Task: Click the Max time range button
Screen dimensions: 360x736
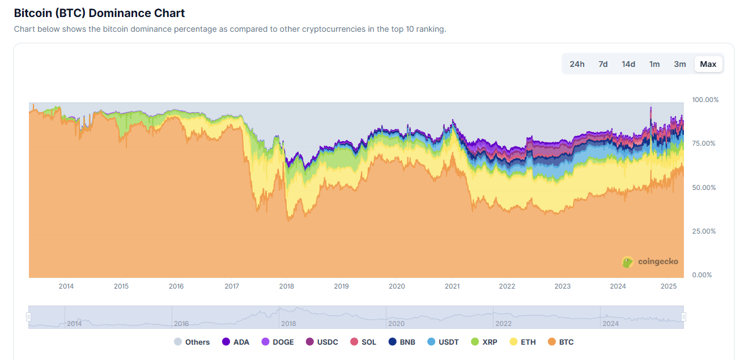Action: pos(708,64)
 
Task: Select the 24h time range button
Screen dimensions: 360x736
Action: pos(577,64)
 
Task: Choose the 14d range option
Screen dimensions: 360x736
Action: pos(628,64)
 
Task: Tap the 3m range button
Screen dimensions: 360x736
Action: pos(680,64)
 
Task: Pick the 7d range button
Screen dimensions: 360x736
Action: pos(603,64)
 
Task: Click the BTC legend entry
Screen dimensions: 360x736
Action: pos(560,342)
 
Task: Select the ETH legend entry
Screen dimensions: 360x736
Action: pos(522,342)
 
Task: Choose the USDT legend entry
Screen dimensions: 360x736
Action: pos(443,342)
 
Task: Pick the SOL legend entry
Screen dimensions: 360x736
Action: pos(363,342)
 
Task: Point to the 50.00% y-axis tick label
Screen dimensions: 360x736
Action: pos(705,187)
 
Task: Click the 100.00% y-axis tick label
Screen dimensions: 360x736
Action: pos(705,100)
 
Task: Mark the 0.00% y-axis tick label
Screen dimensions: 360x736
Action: pos(703,275)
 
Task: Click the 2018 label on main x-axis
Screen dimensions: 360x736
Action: pos(287,286)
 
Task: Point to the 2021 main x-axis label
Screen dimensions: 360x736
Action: pos(452,286)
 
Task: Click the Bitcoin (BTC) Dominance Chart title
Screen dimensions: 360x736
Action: pos(99,13)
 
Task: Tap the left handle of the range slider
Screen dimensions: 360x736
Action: pos(28,317)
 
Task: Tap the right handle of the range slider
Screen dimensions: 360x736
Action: pos(683,317)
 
